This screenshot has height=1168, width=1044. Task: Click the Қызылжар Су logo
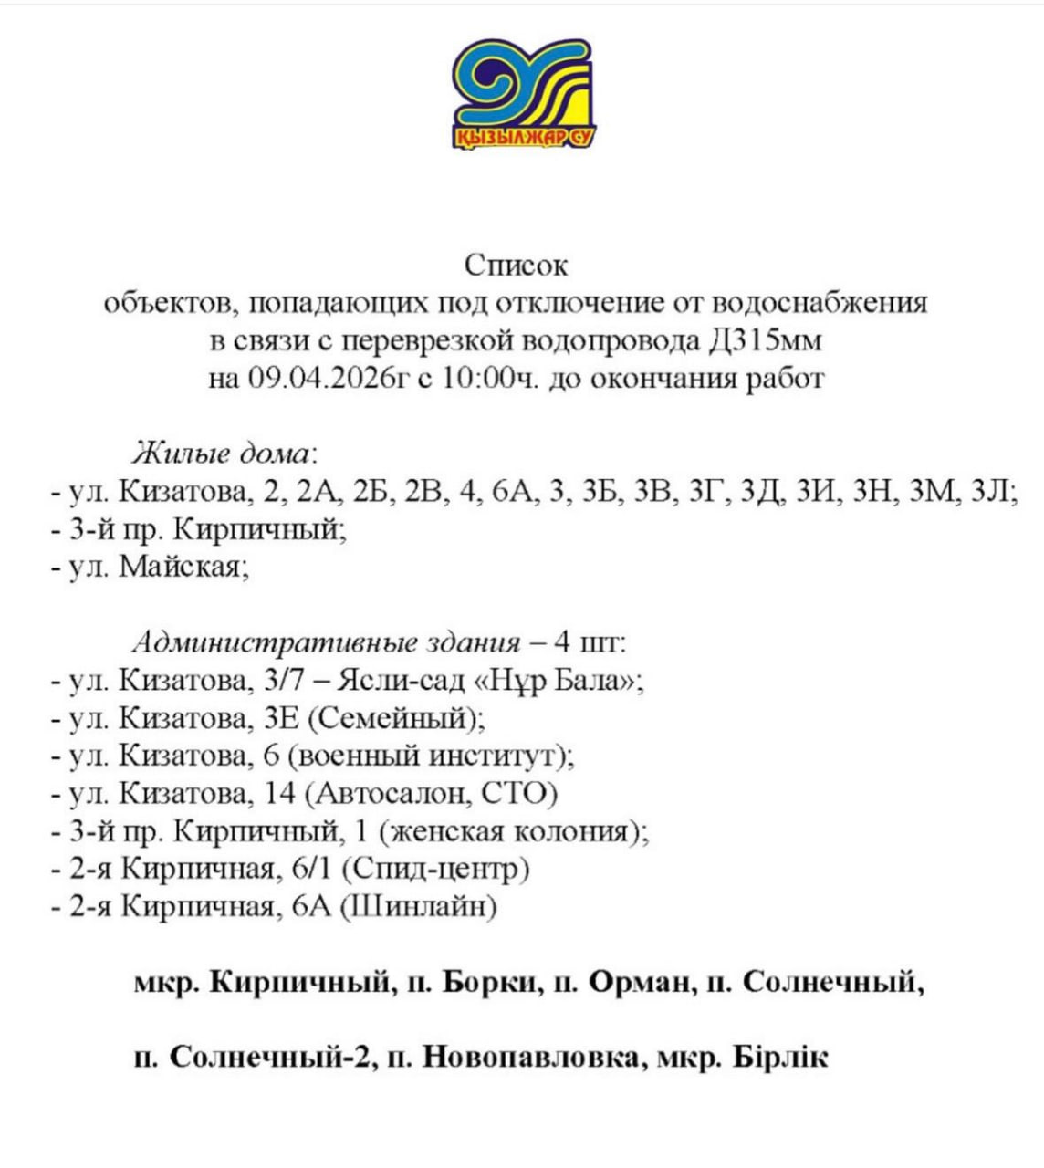coord(522,94)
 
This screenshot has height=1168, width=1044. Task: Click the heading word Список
coord(516,266)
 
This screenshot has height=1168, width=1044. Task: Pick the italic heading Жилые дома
coord(224,453)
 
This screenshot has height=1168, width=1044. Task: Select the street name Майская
coord(183,567)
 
